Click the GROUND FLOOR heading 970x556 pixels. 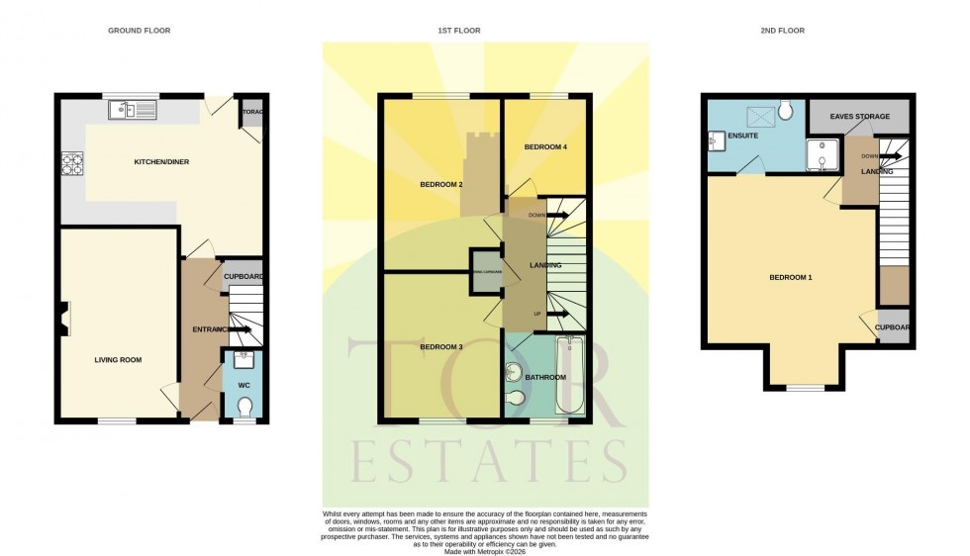tap(139, 31)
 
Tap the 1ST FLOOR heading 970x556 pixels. tap(459, 31)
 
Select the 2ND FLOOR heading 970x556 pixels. tap(782, 31)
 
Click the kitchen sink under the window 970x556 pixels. tap(134, 109)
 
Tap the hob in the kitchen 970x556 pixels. tap(73, 162)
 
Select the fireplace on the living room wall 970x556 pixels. tap(63, 320)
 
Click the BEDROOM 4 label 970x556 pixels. tap(544, 147)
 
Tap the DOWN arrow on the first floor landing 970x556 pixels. tap(547, 215)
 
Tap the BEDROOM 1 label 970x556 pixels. tap(790, 277)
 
